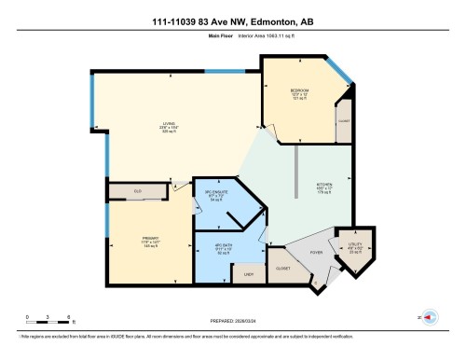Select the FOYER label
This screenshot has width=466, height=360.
click(317, 250)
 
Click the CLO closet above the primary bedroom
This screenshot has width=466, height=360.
click(139, 192)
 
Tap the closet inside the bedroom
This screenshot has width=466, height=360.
click(343, 121)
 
